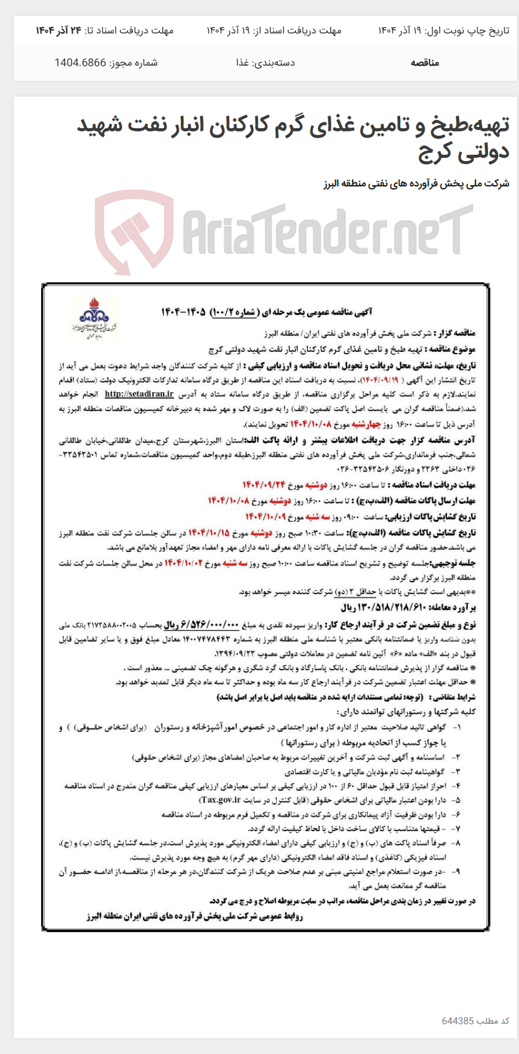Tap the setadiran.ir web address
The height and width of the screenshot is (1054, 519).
[x=139, y=393]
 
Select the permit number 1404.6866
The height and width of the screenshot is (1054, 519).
[x=80, y=63]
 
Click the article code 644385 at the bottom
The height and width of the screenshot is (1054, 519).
[x=457, y=1021]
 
